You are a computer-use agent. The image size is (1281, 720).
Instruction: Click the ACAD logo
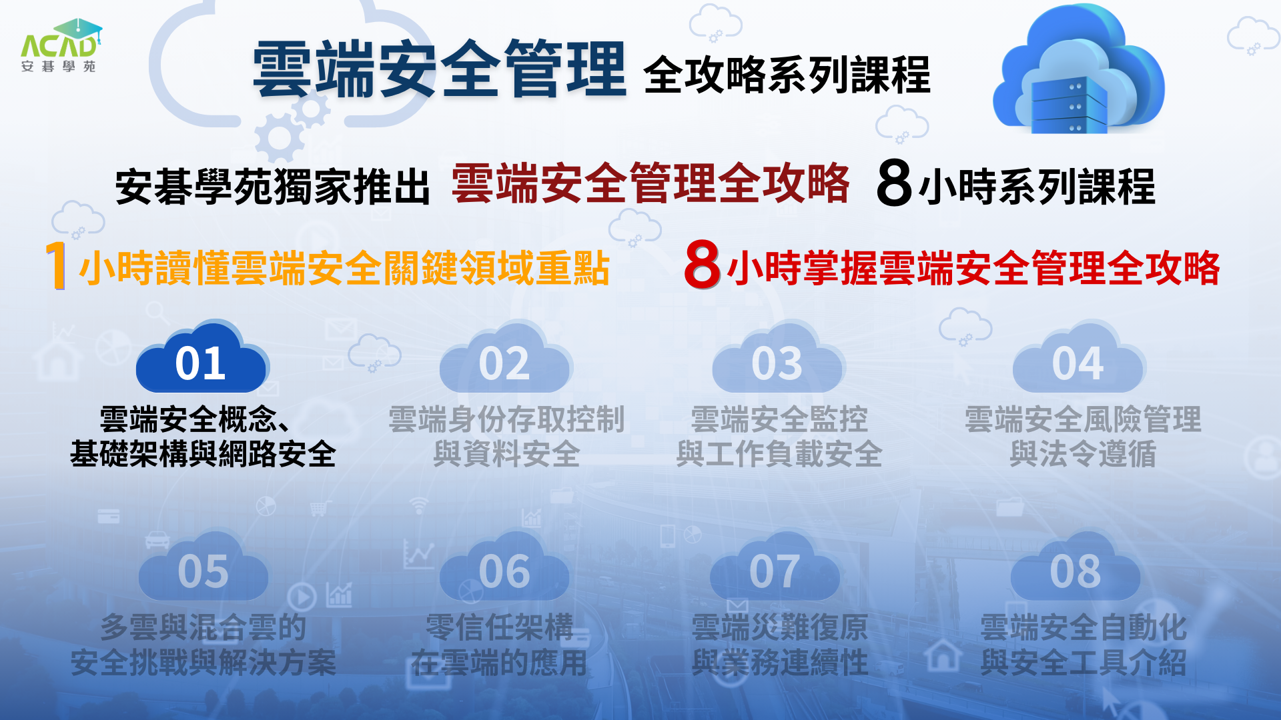(x=61, y=45)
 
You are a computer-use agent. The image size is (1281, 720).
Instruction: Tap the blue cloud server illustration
(x=1079, y=69)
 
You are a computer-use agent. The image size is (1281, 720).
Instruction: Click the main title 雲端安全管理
(x=440, y=69)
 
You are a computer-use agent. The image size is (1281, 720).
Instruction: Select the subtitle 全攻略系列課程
(x=787, y=75)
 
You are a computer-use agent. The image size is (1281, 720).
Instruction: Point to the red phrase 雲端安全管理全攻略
(x=651, y=183)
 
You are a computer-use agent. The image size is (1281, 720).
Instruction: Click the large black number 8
(x=894, y=183)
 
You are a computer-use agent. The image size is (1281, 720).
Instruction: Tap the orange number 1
(x=57, y=265)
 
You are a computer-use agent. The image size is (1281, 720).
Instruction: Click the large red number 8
(x=702, y=264)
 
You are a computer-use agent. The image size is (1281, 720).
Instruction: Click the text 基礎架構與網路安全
(x=203, y=454)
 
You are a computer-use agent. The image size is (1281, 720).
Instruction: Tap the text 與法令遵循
(x=1083, y=454)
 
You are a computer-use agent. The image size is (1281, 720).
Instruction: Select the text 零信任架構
(x=500, y=627)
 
